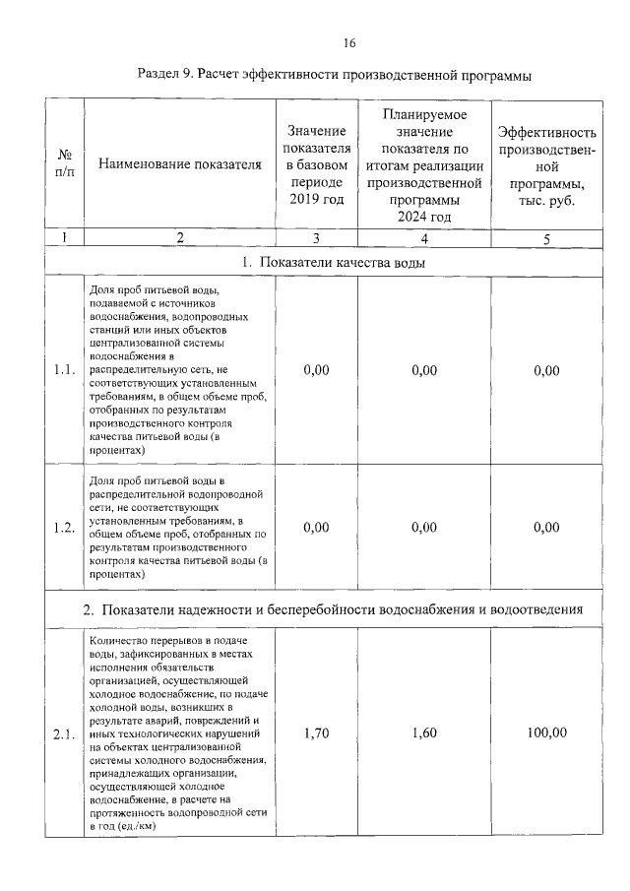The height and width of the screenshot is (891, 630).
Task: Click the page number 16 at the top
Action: point(349,42)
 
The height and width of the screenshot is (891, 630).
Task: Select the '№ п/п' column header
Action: point(65,163)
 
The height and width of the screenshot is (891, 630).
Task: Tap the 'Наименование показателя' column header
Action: point(180,164)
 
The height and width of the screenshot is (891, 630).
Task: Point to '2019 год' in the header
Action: point(317,200)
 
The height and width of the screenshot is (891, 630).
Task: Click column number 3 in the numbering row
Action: point(317,237)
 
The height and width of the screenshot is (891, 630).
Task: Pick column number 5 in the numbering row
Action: point(546,237)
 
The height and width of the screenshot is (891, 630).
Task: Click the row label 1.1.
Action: point(65,370)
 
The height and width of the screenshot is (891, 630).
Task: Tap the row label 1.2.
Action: point(65,527)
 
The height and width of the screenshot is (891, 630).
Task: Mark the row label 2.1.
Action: point(65,733)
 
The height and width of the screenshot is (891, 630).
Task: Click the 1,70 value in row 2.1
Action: point(317,733)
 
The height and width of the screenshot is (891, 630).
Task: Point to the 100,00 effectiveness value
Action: point(546,733)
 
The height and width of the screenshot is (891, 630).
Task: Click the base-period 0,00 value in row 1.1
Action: point(317,370)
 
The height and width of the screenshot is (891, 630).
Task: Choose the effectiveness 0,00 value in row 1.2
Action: point(546,527)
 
